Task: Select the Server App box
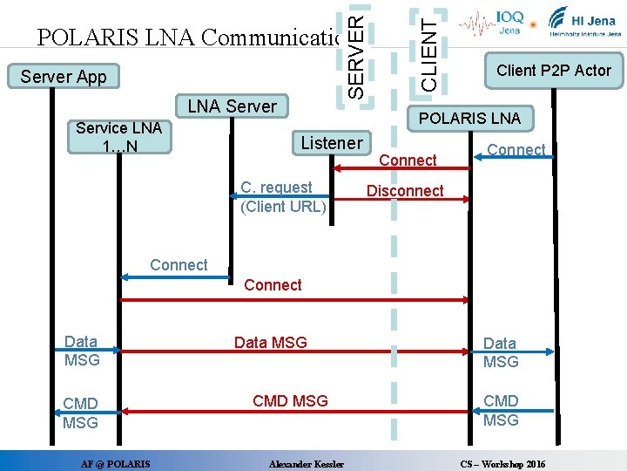tap(64, 77)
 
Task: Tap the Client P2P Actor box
tap(553, 71)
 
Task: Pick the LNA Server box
tap(232, 106)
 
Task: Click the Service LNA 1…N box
tap(118, 137)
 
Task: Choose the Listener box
tap(331, 143)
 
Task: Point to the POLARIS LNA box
tap(469, 118)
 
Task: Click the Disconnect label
tap(405, 191)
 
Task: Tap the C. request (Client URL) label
tap(282, 197)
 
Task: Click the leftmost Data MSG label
tap(82, 351)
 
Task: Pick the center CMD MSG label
tap(290, 401)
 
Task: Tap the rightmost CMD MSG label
tap(501, 410)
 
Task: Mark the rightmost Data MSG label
tap(501, 352)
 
